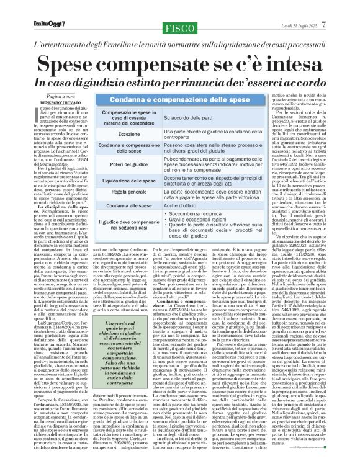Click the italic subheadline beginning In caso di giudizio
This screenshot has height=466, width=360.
179,83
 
